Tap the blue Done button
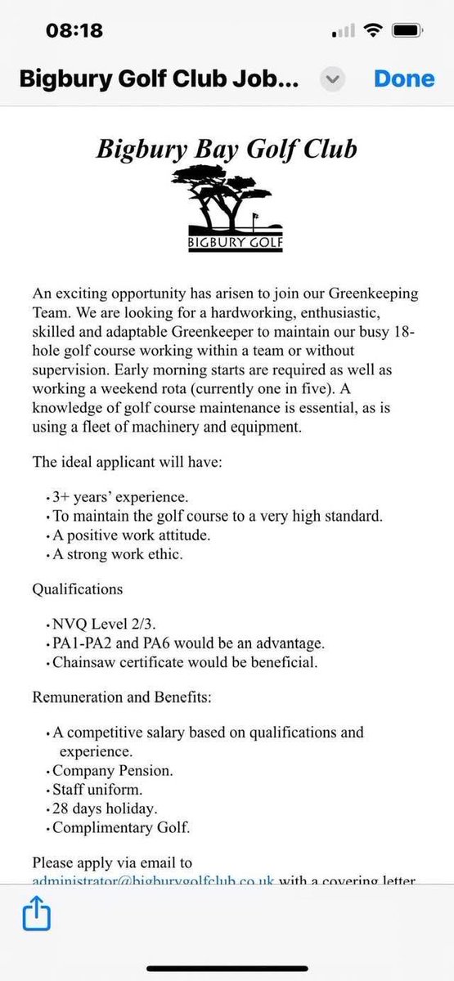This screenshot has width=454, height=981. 404,78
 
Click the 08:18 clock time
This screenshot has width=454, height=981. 75,31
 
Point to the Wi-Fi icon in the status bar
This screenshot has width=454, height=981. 375,31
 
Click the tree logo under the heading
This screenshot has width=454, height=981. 225,195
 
